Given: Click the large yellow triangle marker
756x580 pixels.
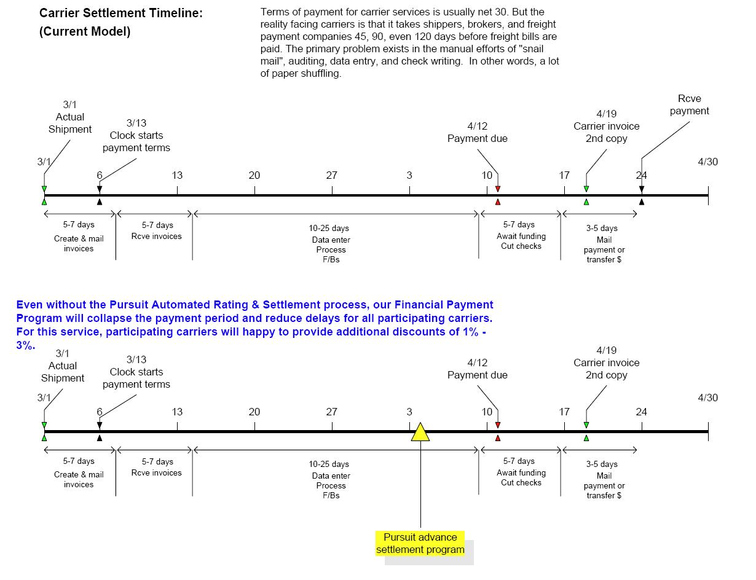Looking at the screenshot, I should pyautogui.click(x=420, y=433).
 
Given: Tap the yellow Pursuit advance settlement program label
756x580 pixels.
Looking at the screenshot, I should pyautogui.click(x=420, y=543).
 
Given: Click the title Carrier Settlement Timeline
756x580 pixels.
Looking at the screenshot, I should pyautogui.click(x=120, y=13).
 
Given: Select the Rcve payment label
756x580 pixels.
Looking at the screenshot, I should pyautogui.click(x=689, y=104).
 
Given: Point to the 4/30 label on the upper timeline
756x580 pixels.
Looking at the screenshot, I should pyautogui.click(x=707, y=162).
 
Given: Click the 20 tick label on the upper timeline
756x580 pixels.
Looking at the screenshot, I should pyautogui.click(x=254, y=175).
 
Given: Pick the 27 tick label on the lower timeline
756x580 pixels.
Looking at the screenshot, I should pyautogui.click(x=332, y=412).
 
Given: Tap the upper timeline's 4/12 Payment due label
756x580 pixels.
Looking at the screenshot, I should pyautogui.click(x=478, y=132).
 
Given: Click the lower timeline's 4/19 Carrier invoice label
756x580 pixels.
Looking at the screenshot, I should pyautogui.click(x=607, y=362).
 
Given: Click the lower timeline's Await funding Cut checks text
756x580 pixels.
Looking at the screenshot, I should pyautogui.click(x=521, y=477).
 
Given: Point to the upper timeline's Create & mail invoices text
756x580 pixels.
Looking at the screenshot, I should pyautogui.click(x=79, y=243).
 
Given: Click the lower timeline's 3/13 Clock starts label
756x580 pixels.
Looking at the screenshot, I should pyautogui.click(x=136, y=372).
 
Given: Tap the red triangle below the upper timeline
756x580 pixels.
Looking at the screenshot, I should pyautogui.click(x=498, y=202).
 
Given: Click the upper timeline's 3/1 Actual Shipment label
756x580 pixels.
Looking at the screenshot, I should pyautogui.click(x=70, y=117).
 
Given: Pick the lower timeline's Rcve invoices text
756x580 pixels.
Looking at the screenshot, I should pyautogui.click(x=157, y=472).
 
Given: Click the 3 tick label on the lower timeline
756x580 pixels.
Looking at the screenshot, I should pyautogui.click(x=409, y=412).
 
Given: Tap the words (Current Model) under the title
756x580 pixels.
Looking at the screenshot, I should pyautogui.click(x=85, y=32).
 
